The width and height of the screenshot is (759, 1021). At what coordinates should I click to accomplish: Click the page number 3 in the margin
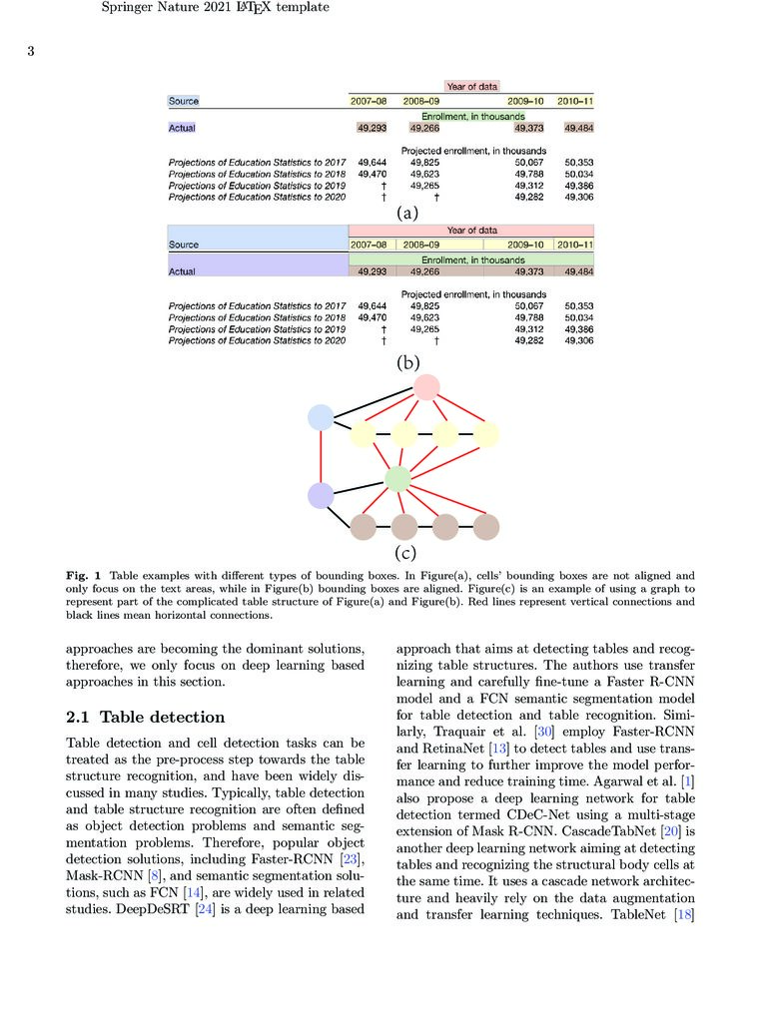[x=31, y=52]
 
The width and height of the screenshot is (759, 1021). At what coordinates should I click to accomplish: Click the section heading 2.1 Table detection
[x=145, y=717]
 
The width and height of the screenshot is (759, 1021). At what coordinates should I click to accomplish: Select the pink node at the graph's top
[x=426, y=387]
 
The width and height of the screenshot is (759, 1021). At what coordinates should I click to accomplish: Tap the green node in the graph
[x=397, y=479]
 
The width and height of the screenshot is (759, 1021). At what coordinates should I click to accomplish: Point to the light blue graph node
[x=320, y=417]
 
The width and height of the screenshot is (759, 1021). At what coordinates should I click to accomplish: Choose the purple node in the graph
[x=320, y=494]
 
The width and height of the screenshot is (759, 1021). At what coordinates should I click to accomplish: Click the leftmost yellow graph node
[x=363, y=434]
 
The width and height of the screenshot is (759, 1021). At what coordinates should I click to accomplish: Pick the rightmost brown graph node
[x=486, y=526]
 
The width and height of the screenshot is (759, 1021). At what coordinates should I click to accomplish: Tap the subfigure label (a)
[x=406, y=213]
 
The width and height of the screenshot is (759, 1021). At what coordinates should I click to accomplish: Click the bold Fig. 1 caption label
[x=85, y=576]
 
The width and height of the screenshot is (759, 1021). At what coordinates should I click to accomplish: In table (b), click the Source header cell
[x=184, y=245]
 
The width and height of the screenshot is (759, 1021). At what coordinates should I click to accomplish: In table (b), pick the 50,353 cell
[x=578, y=305]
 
